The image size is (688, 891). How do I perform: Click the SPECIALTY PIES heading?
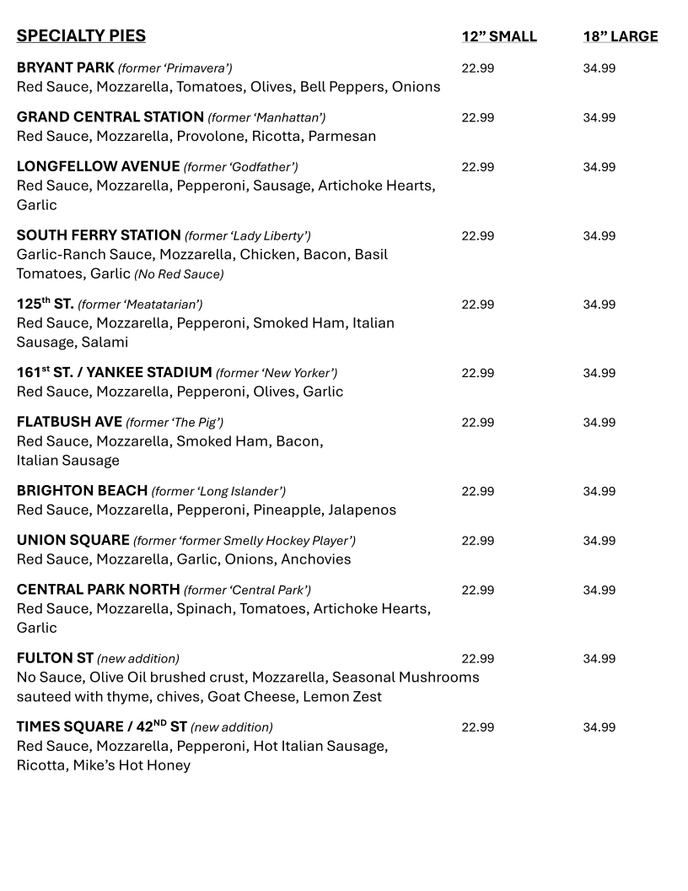pyautogui.click(x=81, y=35)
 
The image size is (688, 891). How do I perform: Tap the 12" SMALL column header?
pyautogui.click(x=498, y=36)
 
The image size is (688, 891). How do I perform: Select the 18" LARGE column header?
pyautogui.click(x=620, y=36)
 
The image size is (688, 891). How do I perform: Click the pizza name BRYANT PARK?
pyautogui.click(x=65, y=67)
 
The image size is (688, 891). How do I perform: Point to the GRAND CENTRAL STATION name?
pyautogui.click(x=110, y=116)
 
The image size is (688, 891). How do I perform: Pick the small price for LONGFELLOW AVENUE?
pyautogui.click(x=477, y=167)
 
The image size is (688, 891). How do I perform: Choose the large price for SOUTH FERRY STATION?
pyautogui.click(x=599, y=236)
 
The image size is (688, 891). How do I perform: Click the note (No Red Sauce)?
pyautogui.click(x=179, y=274)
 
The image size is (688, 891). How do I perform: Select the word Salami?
pyautogui.click(x=105, y=343)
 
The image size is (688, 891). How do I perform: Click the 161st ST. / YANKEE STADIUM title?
pyautogui.click(x=114, y=372)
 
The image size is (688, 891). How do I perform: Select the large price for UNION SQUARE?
pyautogui.click(x=599, y=541)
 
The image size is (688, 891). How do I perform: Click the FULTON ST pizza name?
pyautogui.click(x=55, y=658)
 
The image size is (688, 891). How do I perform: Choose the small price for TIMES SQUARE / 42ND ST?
pyautogui.click(x=477, y=727)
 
